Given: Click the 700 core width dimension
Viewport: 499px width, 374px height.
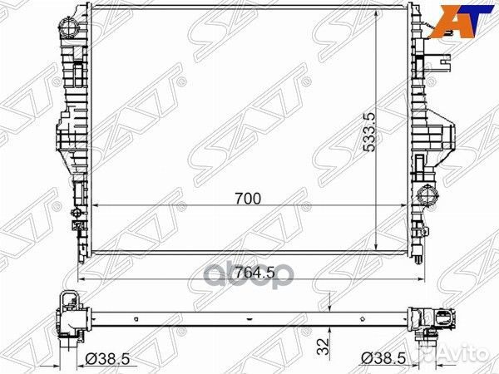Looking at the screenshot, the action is [248, 199].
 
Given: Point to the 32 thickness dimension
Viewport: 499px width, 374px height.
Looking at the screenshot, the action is [323, 346].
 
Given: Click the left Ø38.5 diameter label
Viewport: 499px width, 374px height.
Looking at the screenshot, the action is [107, 359].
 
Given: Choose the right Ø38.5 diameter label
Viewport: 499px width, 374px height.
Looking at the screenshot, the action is [383, 359].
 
